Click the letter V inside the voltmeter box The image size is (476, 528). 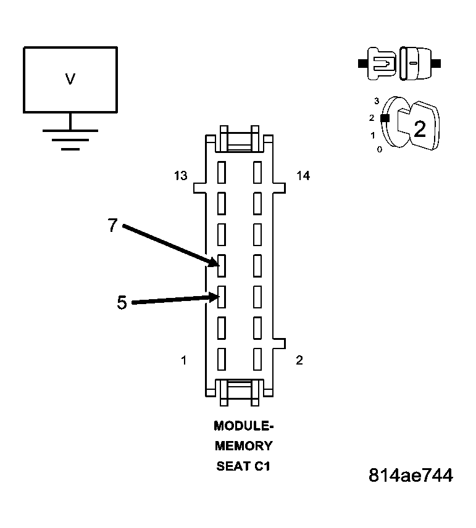(70, 79)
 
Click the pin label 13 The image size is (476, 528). (180, 176)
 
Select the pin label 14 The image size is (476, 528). (303, 176)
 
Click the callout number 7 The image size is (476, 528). (112, 226)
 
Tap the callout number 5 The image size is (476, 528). (122, 303)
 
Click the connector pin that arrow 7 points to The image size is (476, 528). (221, 265)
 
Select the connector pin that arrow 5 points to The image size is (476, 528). (221, 297)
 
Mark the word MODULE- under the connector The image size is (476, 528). (243, 426)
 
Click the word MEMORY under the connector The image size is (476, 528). (243, 446)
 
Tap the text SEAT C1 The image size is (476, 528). (243, 466)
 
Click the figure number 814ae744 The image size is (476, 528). (411, 476)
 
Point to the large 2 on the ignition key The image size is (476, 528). (420, 130)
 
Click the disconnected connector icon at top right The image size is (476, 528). (399, 63)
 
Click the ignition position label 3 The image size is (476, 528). (376, 101)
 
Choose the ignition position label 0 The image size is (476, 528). (379, 150)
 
